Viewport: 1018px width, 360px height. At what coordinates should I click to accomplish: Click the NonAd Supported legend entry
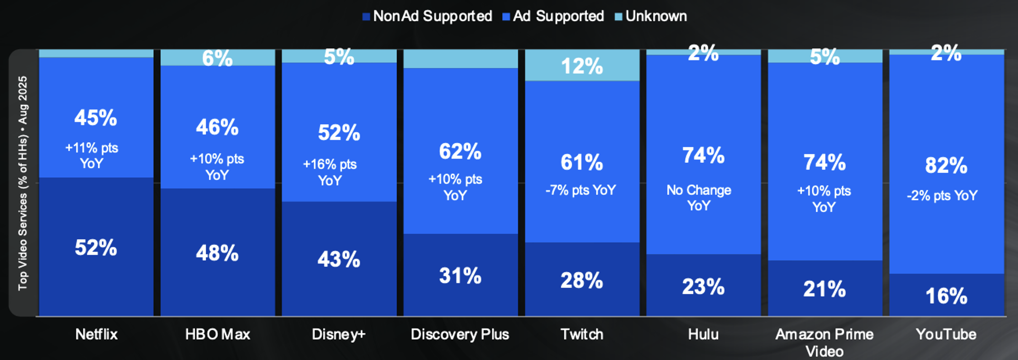[x=427, y=16]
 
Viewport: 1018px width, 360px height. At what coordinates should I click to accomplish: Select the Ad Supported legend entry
[x=553, y=16]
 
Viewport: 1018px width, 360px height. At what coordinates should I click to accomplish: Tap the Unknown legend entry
[x=651, y=16]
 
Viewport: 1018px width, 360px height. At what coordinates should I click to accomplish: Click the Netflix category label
[x=96, y=334]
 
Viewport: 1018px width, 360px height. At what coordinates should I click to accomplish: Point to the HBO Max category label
[x=217, y=334]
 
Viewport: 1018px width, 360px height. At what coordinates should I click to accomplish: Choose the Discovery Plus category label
[x=460, y=334]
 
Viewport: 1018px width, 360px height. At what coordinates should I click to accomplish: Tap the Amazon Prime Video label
[x=824, y=342]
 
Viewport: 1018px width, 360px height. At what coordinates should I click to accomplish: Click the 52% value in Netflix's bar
[x=96, y=248]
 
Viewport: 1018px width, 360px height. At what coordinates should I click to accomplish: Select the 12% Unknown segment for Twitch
[x=581, y=66]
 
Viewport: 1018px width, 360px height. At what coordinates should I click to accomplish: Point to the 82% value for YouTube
[x=946, y=166]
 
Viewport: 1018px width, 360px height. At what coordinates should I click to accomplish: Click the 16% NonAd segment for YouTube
[x=946, y=296]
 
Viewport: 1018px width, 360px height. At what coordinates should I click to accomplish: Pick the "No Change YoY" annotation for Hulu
[x=698, y=197]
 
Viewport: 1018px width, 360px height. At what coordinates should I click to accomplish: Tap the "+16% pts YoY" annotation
[x=330, y=172]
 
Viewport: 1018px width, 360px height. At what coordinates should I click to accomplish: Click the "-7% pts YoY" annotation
[x=580, y=190]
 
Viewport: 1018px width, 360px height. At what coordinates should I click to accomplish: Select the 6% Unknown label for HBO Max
[x=217, y=58]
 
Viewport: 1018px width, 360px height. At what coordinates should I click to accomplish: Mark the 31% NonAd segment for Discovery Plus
[x=460, y=276]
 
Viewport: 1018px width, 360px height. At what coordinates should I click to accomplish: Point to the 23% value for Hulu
[x=703, y=287]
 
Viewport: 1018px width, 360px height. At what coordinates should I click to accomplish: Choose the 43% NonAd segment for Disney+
[x=338, y=260]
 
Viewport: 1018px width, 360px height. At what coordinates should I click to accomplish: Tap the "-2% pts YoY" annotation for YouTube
[x=942, y=196]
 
